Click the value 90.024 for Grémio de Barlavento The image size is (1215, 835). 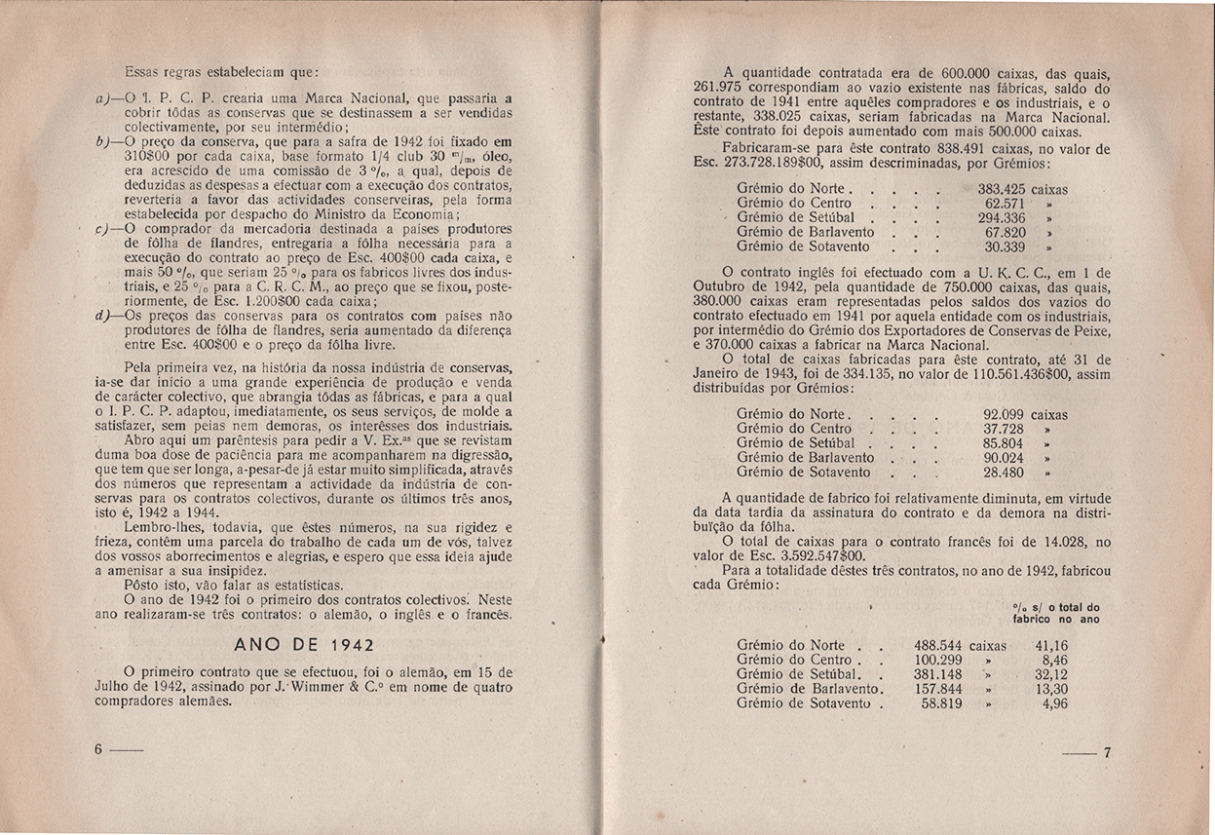pyautogui.click(x=1006, y=457)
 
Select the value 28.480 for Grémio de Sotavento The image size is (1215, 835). pyautogui.click(x=1006, y=472)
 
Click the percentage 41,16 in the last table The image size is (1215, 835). pyautogui.click(x=1051, y=645)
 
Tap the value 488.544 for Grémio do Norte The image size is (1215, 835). pyautogui.click(x=941, y=645)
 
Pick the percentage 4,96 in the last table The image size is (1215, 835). pyautogui.click(x=1055, y=702)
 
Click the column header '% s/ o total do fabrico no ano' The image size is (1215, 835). pyautogui.click(x=1056, y=612)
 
